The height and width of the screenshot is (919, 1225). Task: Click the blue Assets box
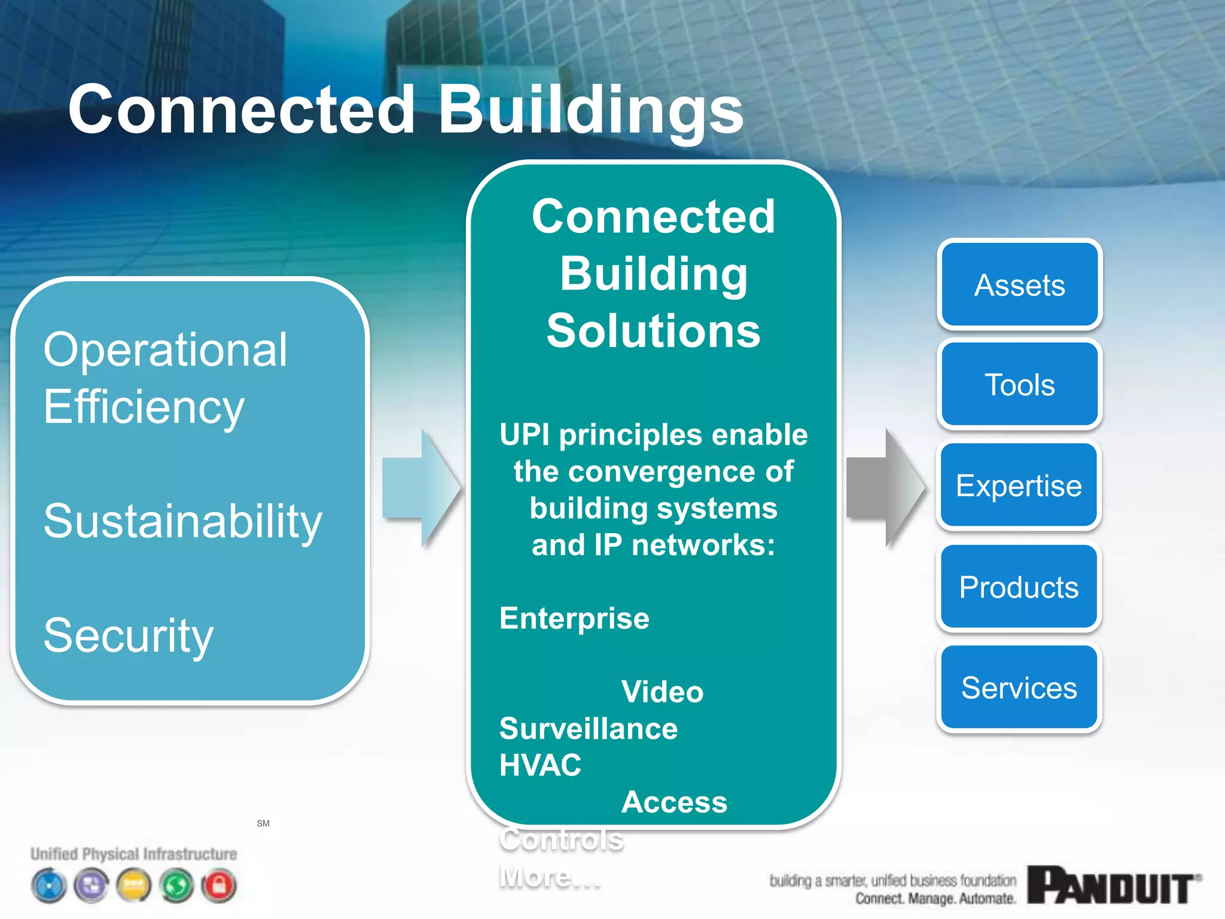(x=1019, y=285)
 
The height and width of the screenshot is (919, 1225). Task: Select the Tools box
(x=1019, y=385)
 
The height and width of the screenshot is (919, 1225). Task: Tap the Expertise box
(x=1019, y=485)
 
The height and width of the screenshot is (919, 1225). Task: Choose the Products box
(x=1019, y=587)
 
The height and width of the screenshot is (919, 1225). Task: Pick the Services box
(x=1019, y=687)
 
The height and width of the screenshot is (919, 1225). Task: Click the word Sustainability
(x=183, y=521)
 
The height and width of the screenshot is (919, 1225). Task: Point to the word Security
(x=129, y=635)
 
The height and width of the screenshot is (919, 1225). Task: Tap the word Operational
(x=166, y=349)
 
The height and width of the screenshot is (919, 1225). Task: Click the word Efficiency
(x=144, y=407)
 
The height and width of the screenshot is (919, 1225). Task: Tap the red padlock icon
(x=220, y=885)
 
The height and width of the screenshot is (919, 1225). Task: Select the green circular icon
(x=177, y=885)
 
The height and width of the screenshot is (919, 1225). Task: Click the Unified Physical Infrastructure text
(x=134, y=854)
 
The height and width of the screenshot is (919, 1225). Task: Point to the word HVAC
(x=540, y=765)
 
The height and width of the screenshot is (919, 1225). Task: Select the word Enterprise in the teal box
(x=574, y=618)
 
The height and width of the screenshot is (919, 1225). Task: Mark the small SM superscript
(x=263, y=823)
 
